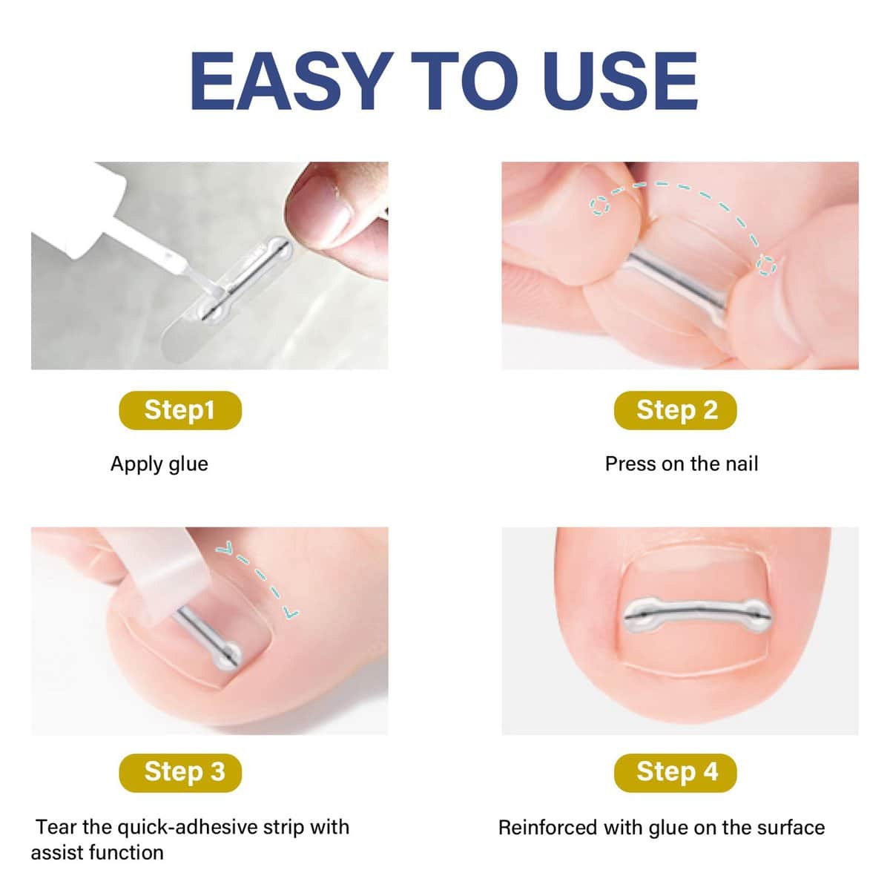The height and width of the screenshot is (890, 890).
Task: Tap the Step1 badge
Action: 179,410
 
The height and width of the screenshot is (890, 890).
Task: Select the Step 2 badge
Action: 676,410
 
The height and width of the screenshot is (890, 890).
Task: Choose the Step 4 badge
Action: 676,772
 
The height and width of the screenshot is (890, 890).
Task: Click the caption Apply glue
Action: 159,464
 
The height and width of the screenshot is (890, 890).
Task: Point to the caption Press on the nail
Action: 681,464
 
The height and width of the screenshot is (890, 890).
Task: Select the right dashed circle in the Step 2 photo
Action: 766,265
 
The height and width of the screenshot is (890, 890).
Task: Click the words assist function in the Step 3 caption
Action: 96,853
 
